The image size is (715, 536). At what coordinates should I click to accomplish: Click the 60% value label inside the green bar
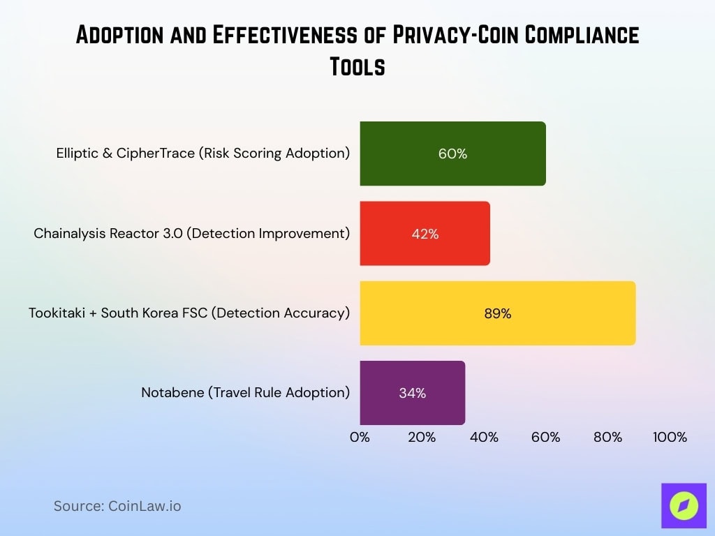pos(452,154)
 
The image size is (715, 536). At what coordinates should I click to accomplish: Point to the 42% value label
pos(425,234)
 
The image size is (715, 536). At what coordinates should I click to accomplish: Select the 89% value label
pos(497,313)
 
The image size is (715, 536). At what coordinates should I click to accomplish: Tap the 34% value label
pos(412,393)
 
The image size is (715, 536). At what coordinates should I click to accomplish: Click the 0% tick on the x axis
pos(360,438)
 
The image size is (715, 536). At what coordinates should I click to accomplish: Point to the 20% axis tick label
pos(422,438)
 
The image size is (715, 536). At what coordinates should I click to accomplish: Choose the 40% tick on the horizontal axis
pos(484,438)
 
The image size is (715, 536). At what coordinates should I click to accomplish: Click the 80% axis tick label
pos(607,438)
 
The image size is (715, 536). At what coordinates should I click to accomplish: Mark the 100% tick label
pos(670,438)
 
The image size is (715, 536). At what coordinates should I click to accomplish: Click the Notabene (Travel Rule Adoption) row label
pos(245,393)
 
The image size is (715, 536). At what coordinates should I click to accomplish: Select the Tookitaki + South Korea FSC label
pos(189,313)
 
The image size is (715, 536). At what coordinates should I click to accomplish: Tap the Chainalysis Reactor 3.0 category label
pos(191,234)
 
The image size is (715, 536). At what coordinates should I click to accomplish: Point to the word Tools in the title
pos(357,67)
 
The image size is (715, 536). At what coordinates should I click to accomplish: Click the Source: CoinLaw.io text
pos(117,506)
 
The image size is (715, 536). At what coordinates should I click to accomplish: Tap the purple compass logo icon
pos(683,506)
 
